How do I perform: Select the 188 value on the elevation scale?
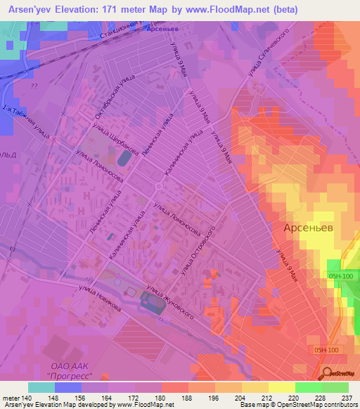coord(187,398)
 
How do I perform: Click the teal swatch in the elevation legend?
coord(41,387)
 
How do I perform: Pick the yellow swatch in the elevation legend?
coord(281,387)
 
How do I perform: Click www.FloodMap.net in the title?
coord(228,10)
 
